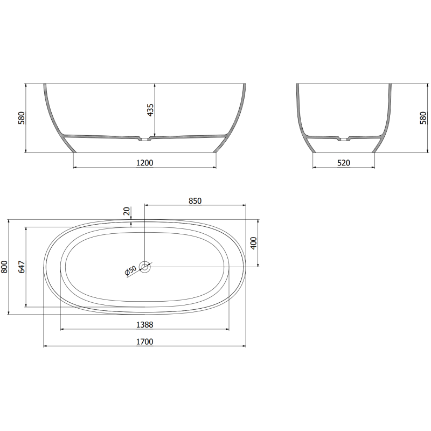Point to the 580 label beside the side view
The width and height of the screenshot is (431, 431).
point(423,118)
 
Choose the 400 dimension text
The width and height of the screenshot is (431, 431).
point(253,244)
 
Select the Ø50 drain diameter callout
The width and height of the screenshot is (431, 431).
point(130,271)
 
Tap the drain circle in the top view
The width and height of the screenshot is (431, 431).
point(145,266)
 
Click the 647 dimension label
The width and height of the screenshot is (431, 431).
point(22,267)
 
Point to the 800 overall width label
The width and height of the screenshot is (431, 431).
point(5,267)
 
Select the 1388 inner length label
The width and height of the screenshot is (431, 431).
point(144,324)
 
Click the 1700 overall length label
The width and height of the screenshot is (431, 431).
point(144,342)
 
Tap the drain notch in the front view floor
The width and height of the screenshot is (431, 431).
point(144,140)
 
